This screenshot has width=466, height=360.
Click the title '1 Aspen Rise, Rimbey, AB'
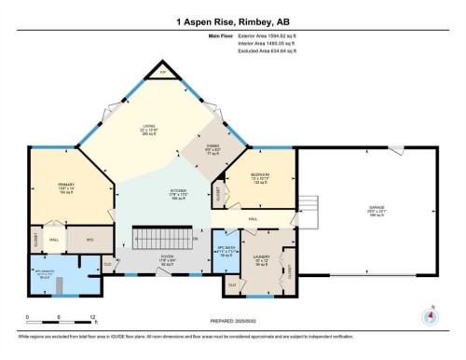(x=233, y=21)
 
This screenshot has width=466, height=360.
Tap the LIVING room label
(x=149, y=131)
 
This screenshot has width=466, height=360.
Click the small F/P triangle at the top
(x=160, y=71)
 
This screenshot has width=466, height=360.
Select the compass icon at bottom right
(x=430, y=315)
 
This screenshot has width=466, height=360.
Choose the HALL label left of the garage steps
(x=254, y=219)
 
